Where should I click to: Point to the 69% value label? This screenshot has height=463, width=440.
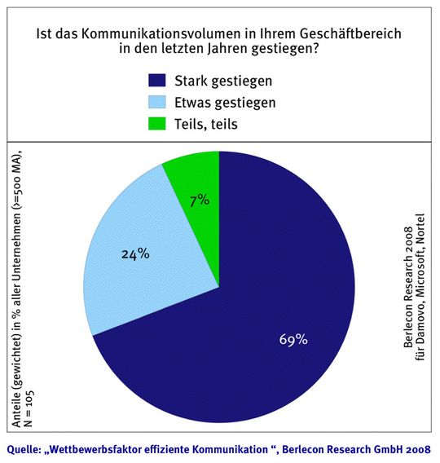(x=293, y=340)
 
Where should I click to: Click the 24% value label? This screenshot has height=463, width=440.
(x=135, y=254)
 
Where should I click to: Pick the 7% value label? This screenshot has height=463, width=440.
(x=200, y=201)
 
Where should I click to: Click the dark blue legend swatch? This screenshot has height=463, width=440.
(x=157, y=81)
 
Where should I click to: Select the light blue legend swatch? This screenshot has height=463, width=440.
(x=157, y=102)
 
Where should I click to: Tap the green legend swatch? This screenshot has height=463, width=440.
(x=157, y=124)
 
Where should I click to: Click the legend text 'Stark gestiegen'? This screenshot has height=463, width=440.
(x=223, y=81)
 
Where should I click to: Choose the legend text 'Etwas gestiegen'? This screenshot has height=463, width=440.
(x=225, y=103)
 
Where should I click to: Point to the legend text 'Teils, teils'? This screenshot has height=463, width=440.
(x=206, y=125)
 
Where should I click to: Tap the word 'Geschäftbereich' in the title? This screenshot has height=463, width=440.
(x=351, y=34)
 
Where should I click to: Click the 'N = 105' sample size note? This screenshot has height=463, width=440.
(x=29, y=409)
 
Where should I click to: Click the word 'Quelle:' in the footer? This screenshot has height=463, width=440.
(x=24, y=450)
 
